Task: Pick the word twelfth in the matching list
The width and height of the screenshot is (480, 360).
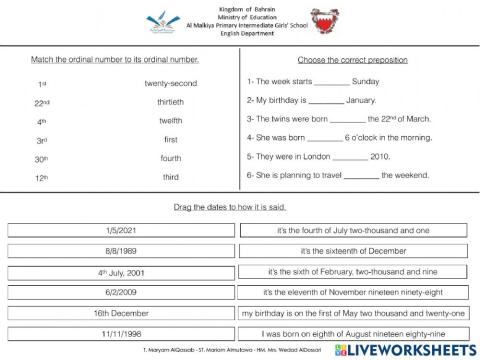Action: click(x=171, y=120)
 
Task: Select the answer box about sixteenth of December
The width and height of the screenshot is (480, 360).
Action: click(x=353, y=250)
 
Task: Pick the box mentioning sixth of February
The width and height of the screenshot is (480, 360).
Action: click(x=353, y=271)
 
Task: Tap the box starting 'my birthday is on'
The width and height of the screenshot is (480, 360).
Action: click(x=353, y=312)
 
